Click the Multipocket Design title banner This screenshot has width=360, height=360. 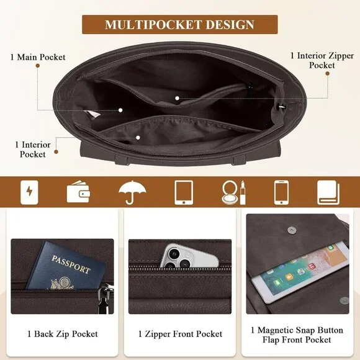[x=180, y=25]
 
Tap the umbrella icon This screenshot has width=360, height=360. [x=132, y=192]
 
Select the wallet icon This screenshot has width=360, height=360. [x=78, y=192]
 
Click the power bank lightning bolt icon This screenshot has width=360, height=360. [x=29, y=192]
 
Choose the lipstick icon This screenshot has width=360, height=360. [x=243, y=192]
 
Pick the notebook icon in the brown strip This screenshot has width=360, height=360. [x=328, y=192]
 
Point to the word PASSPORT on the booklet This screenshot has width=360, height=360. [x=71, y=264]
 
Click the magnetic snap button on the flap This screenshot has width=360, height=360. [x=291, y=230]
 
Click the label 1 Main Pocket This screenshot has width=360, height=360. [x=38, y=57]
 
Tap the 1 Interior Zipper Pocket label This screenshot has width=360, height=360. [x=322, y=60]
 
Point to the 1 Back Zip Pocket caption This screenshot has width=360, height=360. [x=63, y=334]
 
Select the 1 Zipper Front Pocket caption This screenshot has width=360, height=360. [x=180, y=334]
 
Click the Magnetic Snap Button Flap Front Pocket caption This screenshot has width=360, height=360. [x=297, y=335]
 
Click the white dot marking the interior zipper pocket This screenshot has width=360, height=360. [x=177, y=98]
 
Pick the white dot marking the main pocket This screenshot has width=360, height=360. [x=120, y=110]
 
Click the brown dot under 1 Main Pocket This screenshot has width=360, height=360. [x=38, y=66]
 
